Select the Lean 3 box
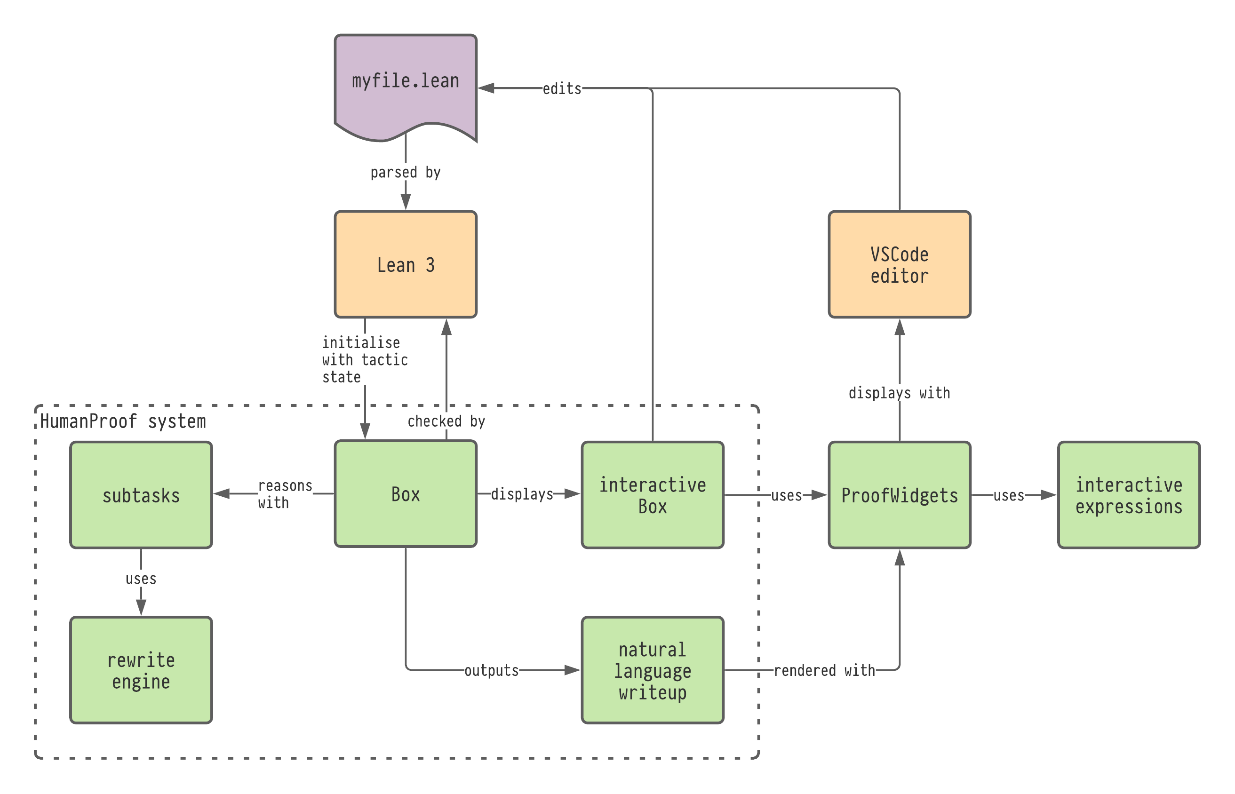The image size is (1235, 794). pos(405,264)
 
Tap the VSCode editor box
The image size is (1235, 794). pos(899,264)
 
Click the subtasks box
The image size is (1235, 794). pos(141,495)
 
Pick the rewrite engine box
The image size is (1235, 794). pos(141,670)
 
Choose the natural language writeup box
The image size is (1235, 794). pos(652,670)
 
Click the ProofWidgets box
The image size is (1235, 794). pos(899,495)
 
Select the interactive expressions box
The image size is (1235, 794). pos(1129,495)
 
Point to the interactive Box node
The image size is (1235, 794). pos(652,495)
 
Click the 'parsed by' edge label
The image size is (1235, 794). pos(405,172)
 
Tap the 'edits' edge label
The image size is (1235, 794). pos(562,89)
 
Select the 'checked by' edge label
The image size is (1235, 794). pos(446,421)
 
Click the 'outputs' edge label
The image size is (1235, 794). pos(492,670)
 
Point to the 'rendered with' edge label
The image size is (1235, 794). pos(824,670)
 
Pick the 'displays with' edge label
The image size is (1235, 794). pos(899,393)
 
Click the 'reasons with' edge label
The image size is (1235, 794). pos(285,494)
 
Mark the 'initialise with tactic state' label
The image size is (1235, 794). pos(365,359)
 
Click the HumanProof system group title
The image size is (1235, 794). pos(123,421)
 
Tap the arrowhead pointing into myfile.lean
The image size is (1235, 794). pos(486,89)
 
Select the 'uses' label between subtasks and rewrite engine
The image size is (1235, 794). pos(141,579)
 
